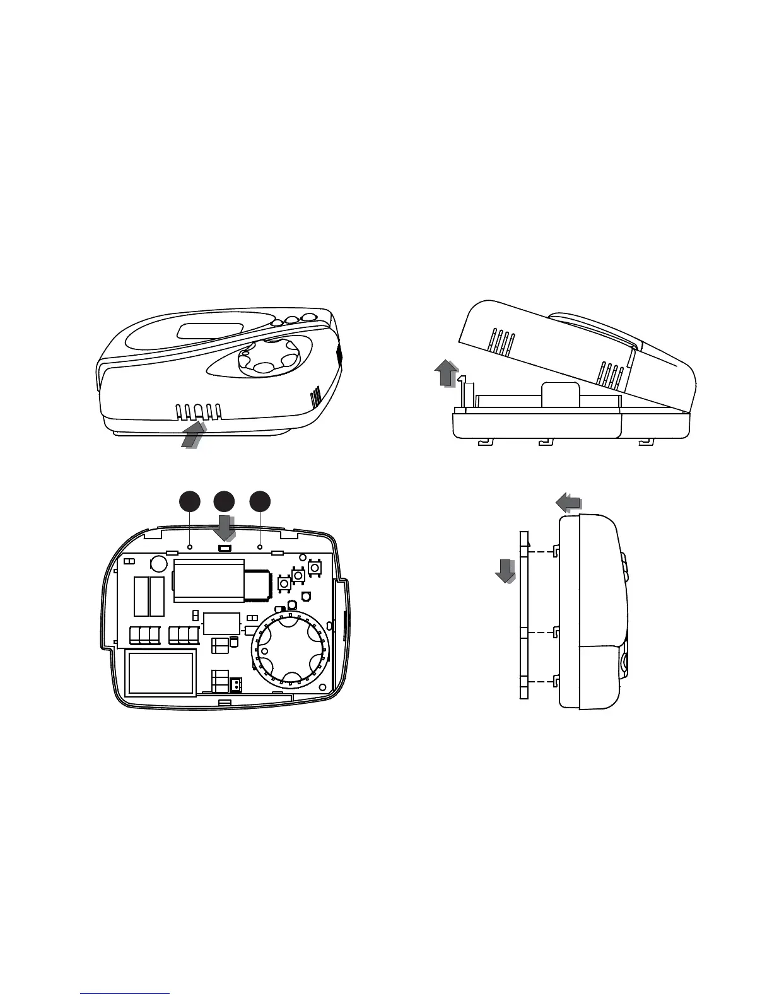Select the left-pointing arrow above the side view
tap(568, 502)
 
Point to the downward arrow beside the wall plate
tap(505, 571)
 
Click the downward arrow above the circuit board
tap(224, 527)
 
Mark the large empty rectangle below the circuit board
tap(161, 673)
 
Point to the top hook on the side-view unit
tap(556, 551)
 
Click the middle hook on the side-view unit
tap(556, 633)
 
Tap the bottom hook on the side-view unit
tap(556, 681)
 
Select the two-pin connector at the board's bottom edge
tap(235, 685)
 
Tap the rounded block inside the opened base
tap(561, 395)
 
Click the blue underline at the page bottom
tap(126, 993)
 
